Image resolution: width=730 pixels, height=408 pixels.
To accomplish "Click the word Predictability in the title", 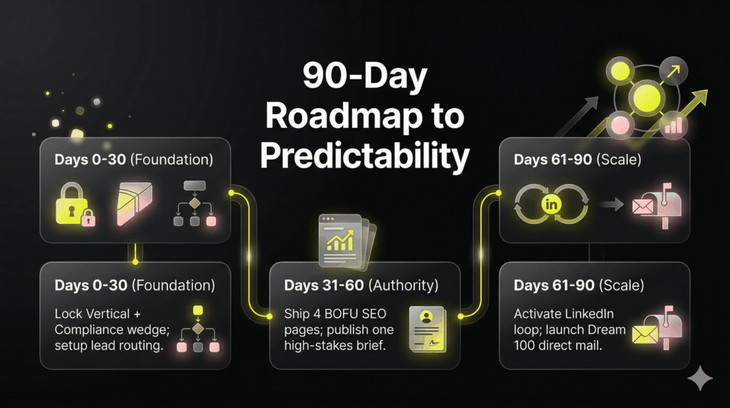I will click(x=365, y=155).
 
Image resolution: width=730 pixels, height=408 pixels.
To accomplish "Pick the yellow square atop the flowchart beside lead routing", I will click(x=198, y=310).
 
